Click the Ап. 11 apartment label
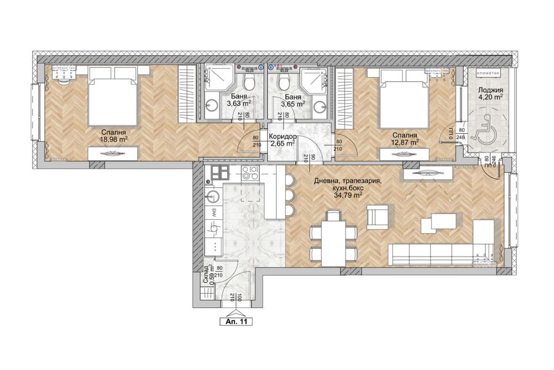[236, 321]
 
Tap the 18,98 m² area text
[112, 140]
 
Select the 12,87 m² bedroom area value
[406, 142]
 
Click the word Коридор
[282, 137]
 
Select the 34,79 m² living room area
[346, 195]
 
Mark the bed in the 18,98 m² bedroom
[112, 95]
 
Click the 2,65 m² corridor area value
[282, 144]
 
